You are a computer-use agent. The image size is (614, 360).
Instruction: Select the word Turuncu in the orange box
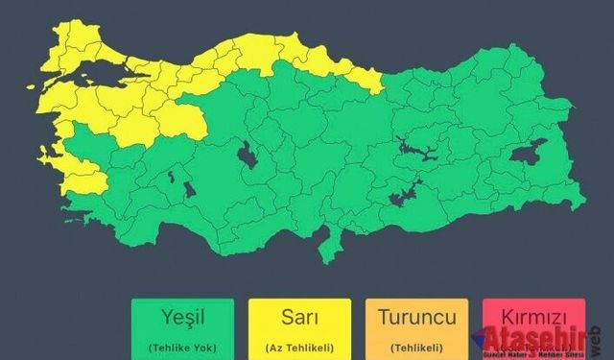[415, 317]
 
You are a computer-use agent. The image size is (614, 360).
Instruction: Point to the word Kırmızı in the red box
[531, 317]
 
